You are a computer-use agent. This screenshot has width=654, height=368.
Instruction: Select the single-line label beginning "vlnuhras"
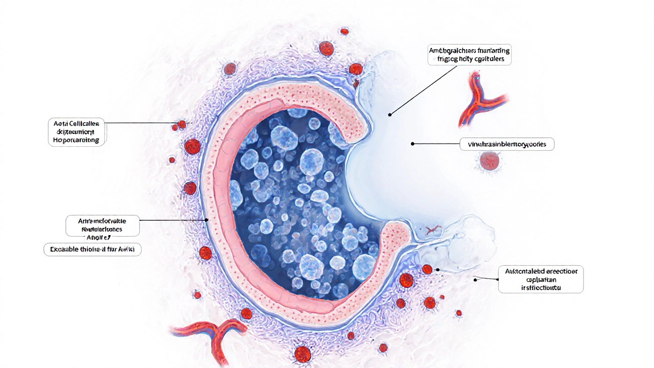tap(506, 145)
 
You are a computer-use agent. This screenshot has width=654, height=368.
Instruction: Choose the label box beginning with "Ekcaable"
tap(92, 249)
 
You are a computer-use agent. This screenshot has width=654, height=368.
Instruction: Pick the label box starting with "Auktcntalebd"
tap(541, 279)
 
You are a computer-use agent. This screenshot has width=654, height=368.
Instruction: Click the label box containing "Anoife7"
tap(103, 225)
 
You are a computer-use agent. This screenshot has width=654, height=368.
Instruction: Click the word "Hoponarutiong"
tap(77, 140)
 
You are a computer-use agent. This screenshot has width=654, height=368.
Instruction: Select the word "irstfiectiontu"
tap(541, 287)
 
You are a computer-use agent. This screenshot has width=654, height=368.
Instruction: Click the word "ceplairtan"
tap(541, 279)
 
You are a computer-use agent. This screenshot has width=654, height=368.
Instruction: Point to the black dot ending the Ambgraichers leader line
tap(389, 114)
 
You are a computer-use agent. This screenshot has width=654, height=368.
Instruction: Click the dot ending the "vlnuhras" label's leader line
tap(412, 144)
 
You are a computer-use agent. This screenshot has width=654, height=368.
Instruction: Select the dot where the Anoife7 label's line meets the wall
tap(206, 220)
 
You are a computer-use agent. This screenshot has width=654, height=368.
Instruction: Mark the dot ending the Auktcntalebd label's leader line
tap(475, 280)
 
